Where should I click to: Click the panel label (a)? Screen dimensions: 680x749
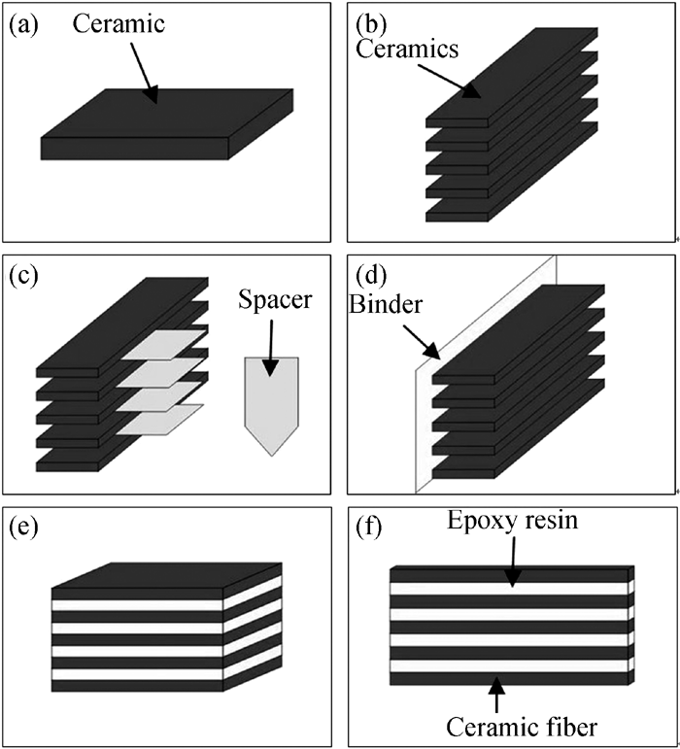(x=23, y=25)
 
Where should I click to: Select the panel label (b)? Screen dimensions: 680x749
(x=371, y=25)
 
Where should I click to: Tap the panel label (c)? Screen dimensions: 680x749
(x=23, y=277)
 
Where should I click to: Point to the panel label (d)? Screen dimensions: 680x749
(x=371, y=276)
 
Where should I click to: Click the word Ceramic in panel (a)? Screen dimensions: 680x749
(x=119, y=24)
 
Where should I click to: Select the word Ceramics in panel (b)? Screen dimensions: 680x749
(x=407, y=49)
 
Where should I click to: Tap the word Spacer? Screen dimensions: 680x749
(x=275, y=300)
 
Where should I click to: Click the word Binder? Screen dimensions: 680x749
(x=386, y=304)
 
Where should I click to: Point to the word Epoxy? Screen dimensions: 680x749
(x=481, y=521)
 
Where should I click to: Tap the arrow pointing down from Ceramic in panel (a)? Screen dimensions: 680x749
(x=144, y=73)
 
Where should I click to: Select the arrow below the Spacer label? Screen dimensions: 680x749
(x=271, y=348)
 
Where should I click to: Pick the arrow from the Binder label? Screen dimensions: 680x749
(x=422, y=342)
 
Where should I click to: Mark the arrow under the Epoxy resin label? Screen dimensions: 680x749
(x=512, y=562)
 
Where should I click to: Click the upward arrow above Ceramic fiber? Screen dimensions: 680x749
(x=496, y=695)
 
